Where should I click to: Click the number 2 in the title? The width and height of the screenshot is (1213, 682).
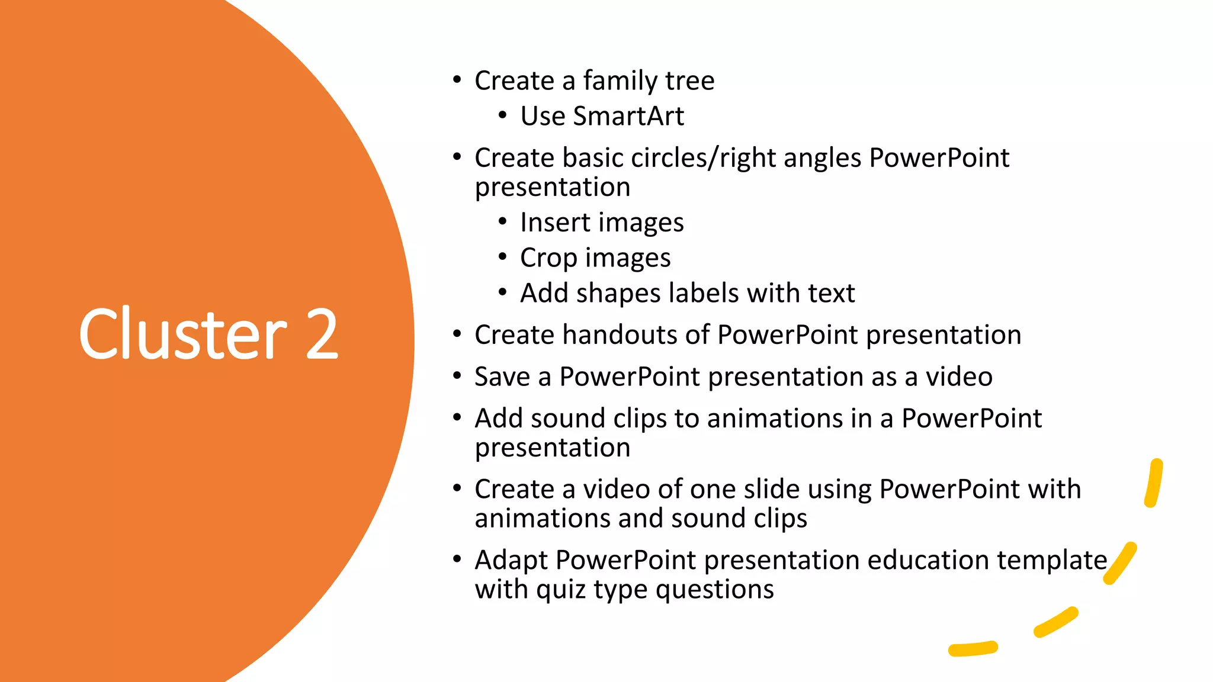322,334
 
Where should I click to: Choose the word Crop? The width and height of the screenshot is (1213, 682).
548,259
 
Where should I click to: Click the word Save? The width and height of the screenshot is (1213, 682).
502,377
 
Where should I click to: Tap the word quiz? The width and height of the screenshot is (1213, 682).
560,590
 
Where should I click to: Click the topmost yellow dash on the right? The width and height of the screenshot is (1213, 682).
1153,483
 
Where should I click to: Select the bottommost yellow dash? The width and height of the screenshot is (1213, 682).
973,649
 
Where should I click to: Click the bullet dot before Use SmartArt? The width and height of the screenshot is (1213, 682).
502,115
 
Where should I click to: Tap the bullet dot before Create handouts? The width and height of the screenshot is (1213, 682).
457,334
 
